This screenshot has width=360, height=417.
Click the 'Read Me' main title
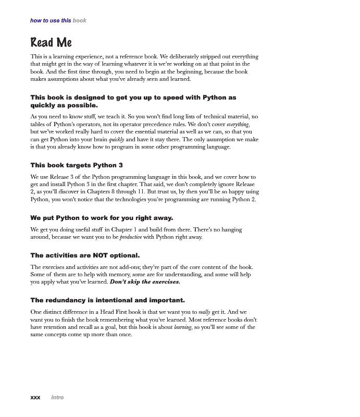point(51,42)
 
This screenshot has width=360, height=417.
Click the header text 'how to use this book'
point(58,20)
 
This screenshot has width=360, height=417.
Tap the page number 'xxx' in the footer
point(35,397)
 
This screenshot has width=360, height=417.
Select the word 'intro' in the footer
point(57,397)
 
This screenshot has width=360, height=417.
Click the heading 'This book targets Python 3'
point(77,165)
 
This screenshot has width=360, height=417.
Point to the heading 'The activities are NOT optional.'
point(85,255)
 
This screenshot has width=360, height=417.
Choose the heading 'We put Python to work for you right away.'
point(102,217)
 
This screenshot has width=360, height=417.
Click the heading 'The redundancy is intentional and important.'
point(107,300)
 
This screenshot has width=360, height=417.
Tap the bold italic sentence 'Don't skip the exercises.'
point(145,282)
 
